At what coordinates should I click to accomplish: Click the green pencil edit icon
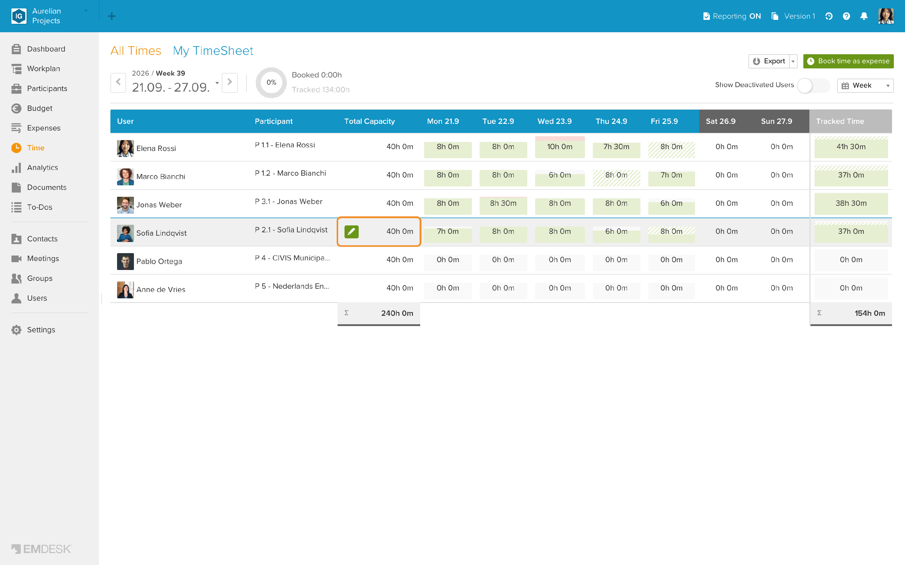(351, 232)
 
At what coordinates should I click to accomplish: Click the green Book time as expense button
(848, 61)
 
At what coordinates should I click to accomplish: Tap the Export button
(769, 61)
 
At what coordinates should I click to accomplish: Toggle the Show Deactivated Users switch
(813, 86)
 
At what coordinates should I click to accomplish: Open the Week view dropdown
(865, 86)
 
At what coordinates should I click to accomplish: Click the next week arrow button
(230, 82)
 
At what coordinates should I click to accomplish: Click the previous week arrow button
(118, 82)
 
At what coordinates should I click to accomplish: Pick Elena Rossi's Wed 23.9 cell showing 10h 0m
(560, 147)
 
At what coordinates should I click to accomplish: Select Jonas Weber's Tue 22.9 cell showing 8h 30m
(503, 203)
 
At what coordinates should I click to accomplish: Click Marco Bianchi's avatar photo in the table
(125, 176)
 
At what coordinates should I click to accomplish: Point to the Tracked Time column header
(840, 121)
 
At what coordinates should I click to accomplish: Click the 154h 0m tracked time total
(869, 313)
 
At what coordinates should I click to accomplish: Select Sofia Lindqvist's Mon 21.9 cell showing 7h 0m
(448, 232)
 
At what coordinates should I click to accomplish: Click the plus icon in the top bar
(111, 16)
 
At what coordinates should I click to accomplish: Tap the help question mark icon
(846, 16)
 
